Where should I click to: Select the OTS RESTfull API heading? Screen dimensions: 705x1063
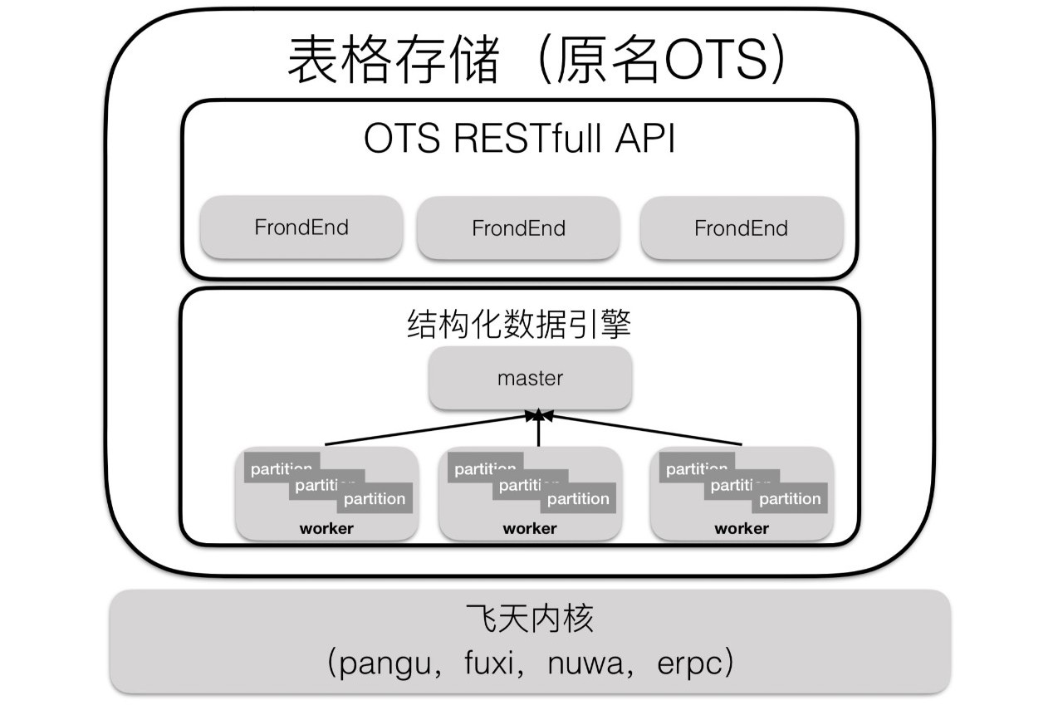click(520, 140)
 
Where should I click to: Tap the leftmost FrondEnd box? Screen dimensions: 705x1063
click(301, 228)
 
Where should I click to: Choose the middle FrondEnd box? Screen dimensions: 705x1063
click(518, 228)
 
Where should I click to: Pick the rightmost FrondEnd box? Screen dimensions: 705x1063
click(741, 228)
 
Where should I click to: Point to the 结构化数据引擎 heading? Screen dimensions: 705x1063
click(520, 325)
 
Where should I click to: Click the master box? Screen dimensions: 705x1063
click(530, 379)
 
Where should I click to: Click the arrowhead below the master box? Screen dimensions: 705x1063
click(538, 414)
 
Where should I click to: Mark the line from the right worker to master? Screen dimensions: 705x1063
click(648, 430)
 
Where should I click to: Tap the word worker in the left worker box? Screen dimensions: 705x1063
click(326, 528)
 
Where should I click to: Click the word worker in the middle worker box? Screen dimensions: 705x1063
click(530, 528)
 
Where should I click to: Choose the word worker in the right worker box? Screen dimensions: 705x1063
click(742, 528)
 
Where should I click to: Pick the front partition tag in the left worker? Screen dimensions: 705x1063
click(375, 498)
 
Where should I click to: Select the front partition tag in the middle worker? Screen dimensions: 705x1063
click(578, 498)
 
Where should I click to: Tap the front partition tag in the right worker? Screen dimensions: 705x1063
click(790, 498)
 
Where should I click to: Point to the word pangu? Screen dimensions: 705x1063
click(381, 663)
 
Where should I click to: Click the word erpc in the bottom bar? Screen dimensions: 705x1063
click(690, 663)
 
